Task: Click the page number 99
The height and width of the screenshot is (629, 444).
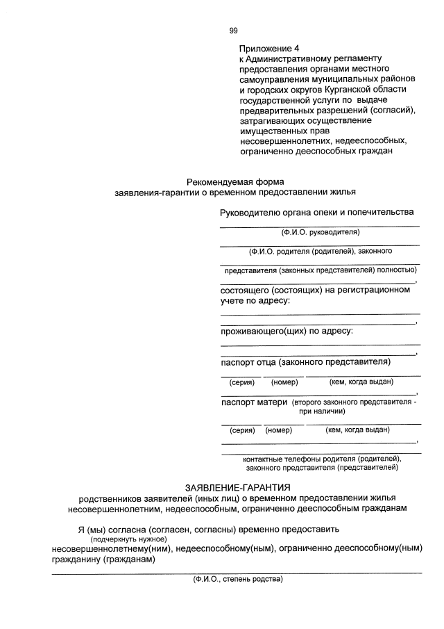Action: (234, 30)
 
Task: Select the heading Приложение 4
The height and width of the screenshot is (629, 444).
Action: (269, 49)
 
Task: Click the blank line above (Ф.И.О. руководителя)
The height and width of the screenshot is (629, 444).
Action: (319, 226)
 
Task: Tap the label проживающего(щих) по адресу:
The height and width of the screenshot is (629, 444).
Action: (287, 331)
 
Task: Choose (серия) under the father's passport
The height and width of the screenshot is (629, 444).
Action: (241, 382)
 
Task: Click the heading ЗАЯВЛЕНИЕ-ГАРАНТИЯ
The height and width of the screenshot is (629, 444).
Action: (237, 487)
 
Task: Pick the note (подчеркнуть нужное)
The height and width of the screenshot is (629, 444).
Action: (128, 539)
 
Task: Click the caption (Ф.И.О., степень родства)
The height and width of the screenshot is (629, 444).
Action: (238, 579)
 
